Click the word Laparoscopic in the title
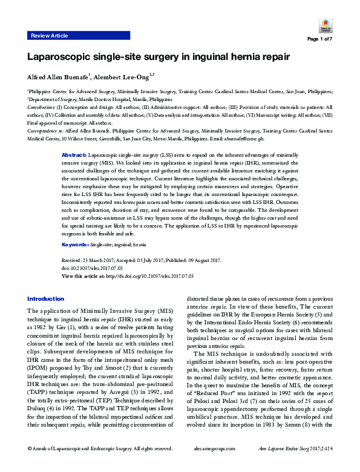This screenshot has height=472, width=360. (x=57, y=57)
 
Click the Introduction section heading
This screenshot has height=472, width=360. (x=45, y=299)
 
